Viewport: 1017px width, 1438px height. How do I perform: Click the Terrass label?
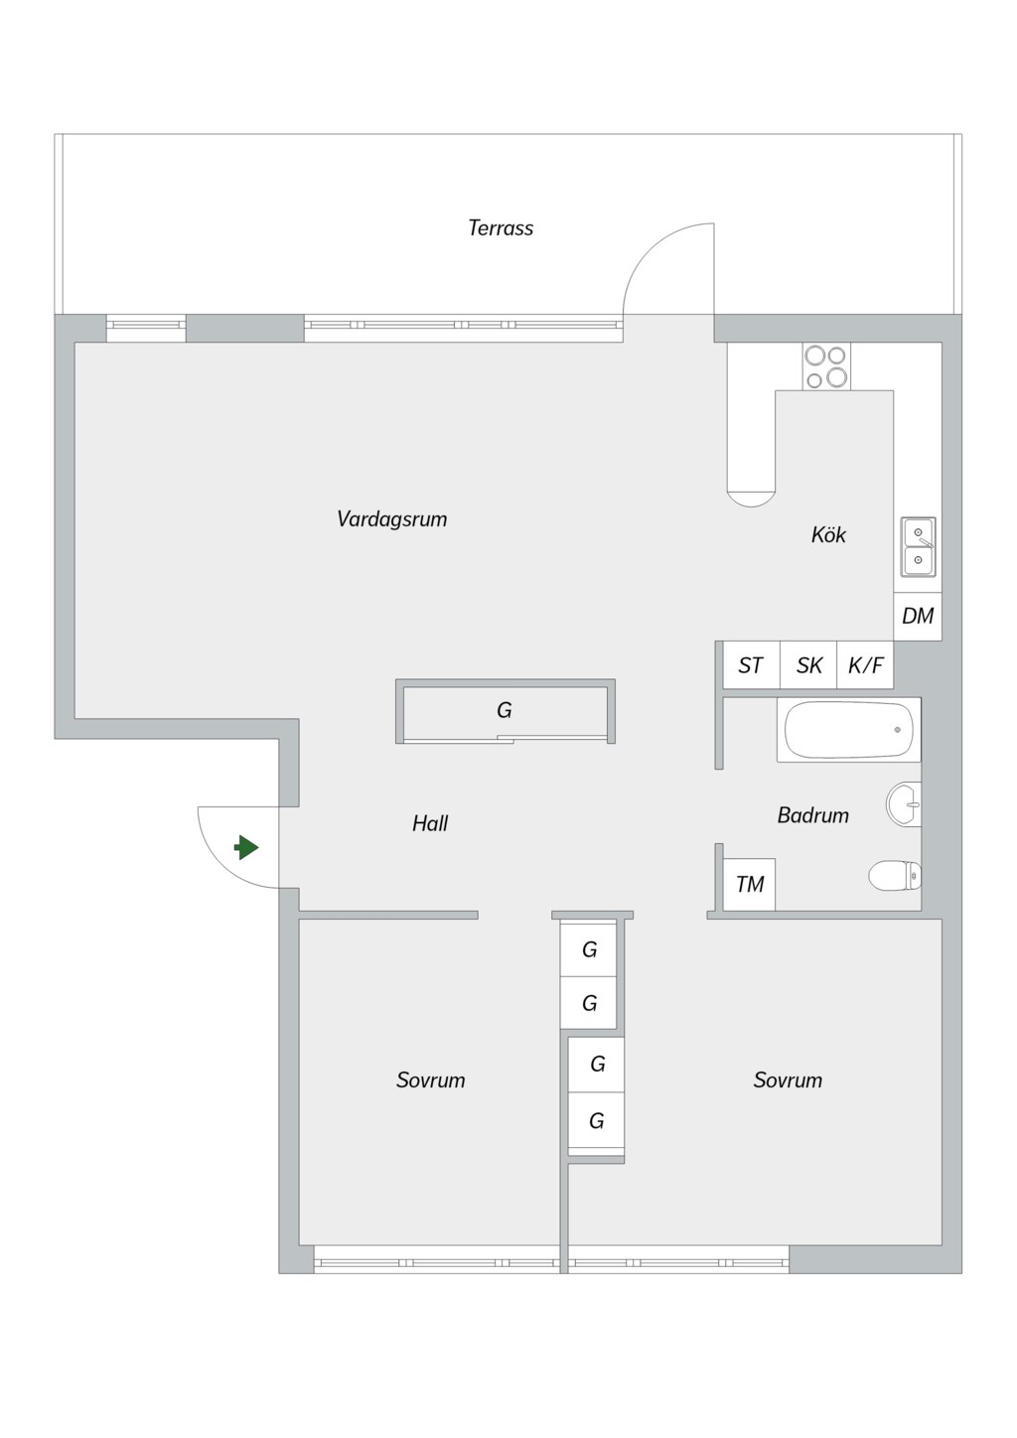[501, 227]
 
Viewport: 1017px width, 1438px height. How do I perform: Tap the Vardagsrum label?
[391, 518]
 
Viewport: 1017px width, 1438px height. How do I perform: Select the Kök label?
[828, 534]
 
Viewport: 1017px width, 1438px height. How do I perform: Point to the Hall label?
[430, 823]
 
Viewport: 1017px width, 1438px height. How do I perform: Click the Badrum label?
[812, 815]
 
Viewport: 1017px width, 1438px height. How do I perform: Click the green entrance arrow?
[246, 847]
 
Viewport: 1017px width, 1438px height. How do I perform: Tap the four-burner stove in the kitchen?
[826, 366]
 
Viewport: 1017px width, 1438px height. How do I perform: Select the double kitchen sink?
[918, 547]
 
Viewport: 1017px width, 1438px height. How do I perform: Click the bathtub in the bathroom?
[849, 731]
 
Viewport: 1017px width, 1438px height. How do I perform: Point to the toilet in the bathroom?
[895, 876]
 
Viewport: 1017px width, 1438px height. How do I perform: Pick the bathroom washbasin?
[904, 803]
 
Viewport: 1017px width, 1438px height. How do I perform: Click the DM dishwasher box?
[918, 617]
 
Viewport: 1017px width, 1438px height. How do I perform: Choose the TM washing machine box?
[749, 884]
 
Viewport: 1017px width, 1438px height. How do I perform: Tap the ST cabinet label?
[751, 665]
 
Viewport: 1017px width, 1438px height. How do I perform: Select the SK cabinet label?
[809, 665]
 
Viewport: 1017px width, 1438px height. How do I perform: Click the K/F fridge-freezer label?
[865, 665]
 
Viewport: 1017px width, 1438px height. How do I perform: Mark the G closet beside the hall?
[506, 711]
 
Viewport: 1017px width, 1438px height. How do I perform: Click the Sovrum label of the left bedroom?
[430, 1079]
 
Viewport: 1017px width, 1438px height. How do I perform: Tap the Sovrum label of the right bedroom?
[788, 1079]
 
